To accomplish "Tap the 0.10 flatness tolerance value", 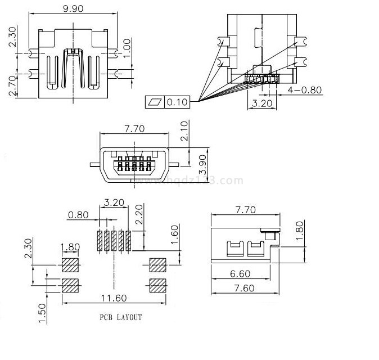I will click(x=178, y=101).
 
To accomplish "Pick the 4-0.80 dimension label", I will click(x=305, y=90).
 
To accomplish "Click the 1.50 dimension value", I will click(x=42, y=312).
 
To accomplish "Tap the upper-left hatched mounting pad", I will click(x=70, y=264).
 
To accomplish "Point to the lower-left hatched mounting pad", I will click(x=70, y=285).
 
